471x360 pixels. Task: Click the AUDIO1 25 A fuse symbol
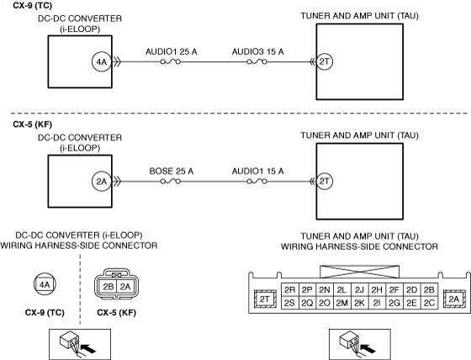170,61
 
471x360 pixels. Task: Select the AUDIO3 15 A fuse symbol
257,61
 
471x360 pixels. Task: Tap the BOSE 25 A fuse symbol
170,181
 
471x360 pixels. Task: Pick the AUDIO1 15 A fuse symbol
257,181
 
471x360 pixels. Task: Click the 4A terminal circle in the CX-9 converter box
102,62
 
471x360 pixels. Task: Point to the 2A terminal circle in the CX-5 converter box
102,182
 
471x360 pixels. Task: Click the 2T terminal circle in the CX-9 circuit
325,61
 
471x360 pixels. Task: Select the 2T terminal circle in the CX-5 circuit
325,181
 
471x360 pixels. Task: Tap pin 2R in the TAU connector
289,290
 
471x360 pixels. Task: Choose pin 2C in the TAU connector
429,303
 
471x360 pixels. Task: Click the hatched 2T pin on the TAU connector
265,299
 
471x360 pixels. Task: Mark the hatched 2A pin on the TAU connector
454,299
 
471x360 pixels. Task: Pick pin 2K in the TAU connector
359,303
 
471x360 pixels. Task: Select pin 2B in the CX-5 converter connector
108,287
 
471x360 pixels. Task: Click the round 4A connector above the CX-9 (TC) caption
45,284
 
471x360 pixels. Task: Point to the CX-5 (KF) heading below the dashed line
32,124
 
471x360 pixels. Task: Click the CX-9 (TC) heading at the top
32,5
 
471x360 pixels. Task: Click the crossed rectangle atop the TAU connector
360,272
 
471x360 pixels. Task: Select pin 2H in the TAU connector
377,290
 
